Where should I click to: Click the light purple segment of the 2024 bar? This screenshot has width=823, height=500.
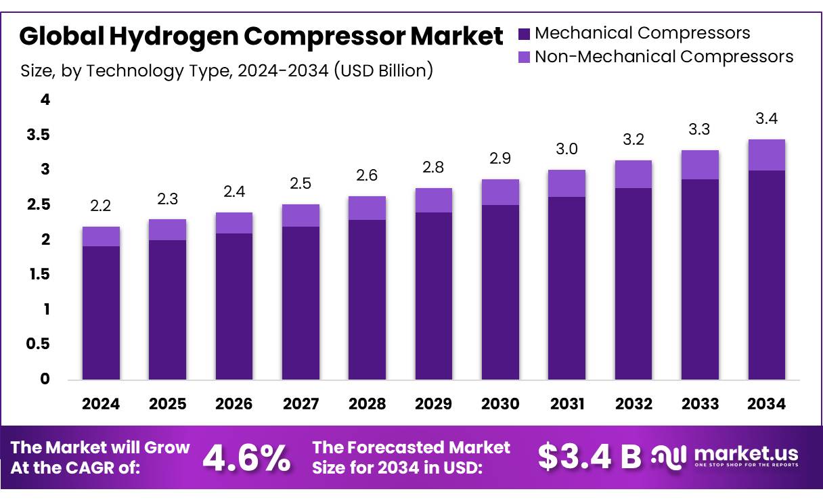(101, 236)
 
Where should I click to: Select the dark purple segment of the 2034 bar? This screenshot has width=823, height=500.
(766, 274)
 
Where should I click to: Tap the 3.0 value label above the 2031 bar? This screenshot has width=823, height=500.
(566, 149)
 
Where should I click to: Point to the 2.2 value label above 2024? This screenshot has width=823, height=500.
(101, 206)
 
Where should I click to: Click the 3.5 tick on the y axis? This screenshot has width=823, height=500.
(38, 135)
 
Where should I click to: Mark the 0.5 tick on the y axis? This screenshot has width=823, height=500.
(38, 344)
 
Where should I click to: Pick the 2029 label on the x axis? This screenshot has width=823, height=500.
(433, 404)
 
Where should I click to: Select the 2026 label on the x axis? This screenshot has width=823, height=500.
(233, 404)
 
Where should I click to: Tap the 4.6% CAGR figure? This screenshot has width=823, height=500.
(246, 457)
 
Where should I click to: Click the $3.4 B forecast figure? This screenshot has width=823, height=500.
(589, 457)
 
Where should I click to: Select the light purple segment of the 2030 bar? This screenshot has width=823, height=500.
(500, 192)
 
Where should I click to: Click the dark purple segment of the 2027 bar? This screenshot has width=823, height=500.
(301, 302)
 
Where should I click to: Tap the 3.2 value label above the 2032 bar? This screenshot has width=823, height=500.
(633, 139)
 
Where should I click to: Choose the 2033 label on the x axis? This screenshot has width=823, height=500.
(700, 404)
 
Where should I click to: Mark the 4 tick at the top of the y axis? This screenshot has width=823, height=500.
(45, 100)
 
